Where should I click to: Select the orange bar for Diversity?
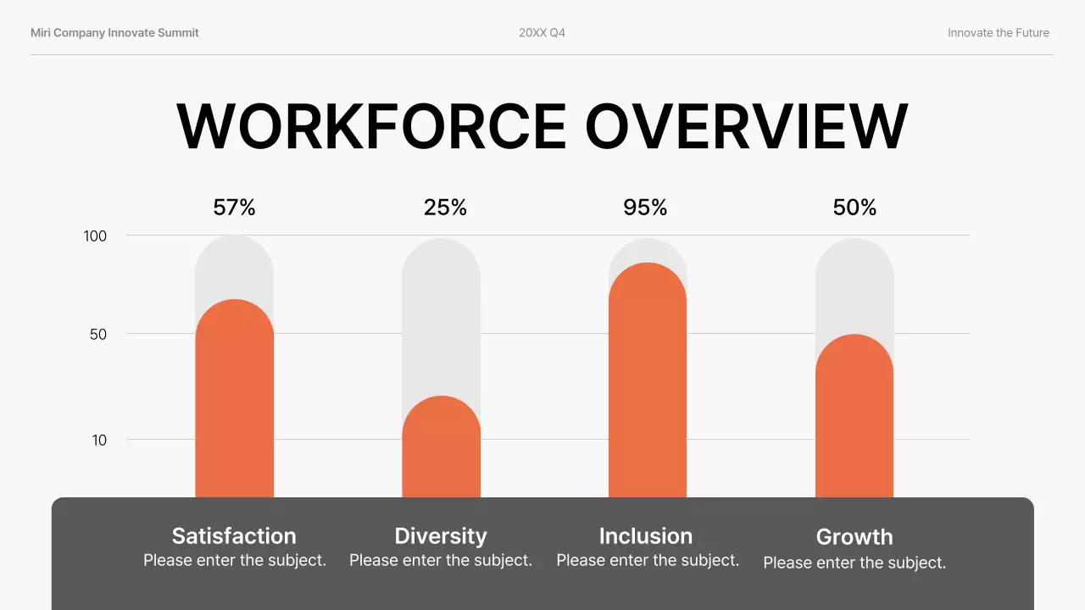point(441,449)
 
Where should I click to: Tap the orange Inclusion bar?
point(648,381)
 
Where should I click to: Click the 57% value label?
point(235,208)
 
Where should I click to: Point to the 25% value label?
point(445,208)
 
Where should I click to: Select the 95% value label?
point(645,208)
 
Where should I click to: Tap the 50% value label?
point(854,208)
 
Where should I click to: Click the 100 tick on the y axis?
point(95,236)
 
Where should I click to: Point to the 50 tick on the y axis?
point(98,335)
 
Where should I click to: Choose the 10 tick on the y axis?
point(99,441)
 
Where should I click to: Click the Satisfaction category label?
point(234,536)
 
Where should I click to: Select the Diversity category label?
point(441,536)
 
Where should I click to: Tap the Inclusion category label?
point(646,536)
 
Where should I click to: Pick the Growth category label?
point(854,537)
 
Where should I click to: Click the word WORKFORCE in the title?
point(371,127)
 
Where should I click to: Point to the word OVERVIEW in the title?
point(746,127)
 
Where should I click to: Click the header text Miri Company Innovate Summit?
point(114,33)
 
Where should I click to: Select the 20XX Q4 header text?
point(542,33)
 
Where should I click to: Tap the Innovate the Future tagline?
point(998,33)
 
